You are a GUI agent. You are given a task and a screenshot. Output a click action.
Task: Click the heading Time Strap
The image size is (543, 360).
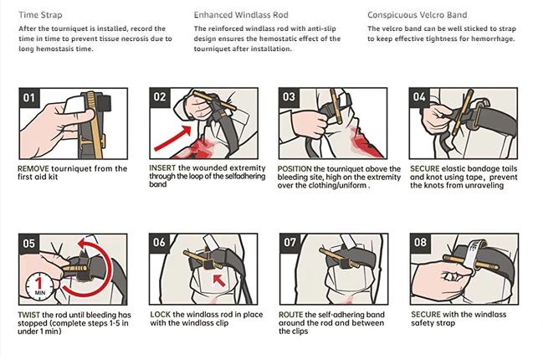click(40, 15)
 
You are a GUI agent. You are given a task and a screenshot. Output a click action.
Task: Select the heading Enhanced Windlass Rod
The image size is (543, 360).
click(241, 15)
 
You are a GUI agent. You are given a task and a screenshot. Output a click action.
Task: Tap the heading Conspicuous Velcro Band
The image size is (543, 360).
click(417, 15)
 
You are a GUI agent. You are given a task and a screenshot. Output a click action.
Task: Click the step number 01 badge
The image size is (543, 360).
click(29, 98)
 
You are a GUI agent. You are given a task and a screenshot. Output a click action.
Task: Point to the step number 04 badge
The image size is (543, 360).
click(419, 97)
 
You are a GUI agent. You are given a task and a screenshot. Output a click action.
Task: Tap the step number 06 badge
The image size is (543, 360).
click(159, 242)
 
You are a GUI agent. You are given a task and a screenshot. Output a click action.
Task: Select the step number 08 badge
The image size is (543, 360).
click(420, 242)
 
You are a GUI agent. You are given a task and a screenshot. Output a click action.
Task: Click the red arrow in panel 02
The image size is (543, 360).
click(172, 138)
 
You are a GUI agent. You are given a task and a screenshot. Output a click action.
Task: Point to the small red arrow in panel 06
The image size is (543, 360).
click(219, 280)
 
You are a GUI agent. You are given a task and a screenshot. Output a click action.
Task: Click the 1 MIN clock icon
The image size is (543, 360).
click(39, 286)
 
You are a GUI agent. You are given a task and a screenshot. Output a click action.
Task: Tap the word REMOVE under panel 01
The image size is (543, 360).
click(33, 169)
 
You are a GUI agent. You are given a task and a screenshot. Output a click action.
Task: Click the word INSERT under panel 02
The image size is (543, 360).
click(162, 167)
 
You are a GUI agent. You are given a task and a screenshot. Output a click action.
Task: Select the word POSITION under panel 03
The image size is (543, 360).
click(295, 169)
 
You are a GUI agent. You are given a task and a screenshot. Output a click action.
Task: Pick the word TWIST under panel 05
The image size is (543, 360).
click(28, 315)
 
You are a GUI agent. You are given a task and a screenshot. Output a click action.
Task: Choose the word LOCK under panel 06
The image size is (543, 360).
click(160, 315)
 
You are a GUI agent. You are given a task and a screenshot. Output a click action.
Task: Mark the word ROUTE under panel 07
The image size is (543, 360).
click(291, 315)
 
